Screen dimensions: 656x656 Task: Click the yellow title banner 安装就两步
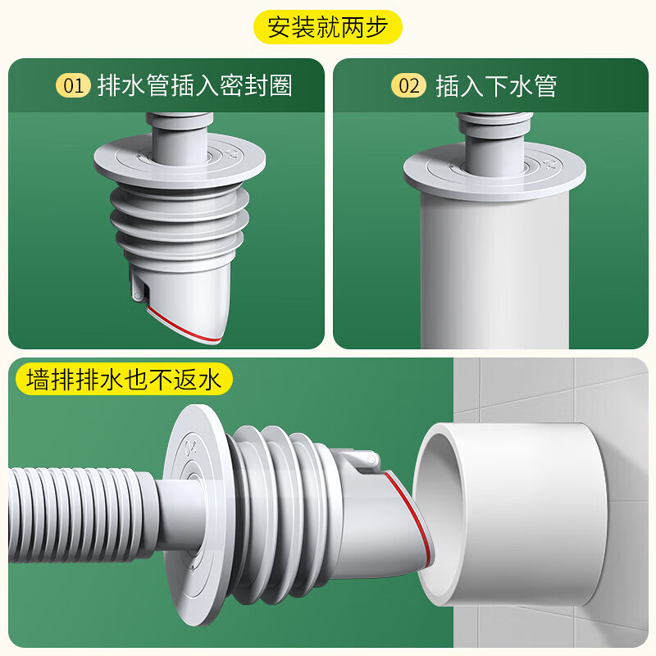328,27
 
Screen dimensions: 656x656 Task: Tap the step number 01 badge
73,85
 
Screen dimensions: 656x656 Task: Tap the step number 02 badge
408,85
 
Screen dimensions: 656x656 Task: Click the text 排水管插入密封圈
194,85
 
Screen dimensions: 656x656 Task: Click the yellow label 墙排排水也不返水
124,380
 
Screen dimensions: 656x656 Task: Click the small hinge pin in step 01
134,289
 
